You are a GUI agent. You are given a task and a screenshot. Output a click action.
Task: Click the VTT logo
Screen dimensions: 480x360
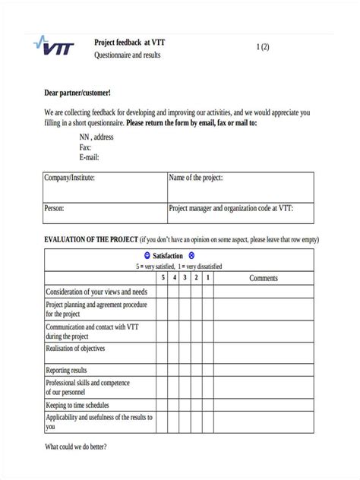tap(55, 47)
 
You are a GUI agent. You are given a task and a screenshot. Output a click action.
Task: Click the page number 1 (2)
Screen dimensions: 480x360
tap(262, 47)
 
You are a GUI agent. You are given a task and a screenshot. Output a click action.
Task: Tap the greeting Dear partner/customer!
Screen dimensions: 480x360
tap(77, 93)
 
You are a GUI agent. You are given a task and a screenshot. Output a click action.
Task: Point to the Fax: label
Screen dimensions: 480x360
tap(85, 147)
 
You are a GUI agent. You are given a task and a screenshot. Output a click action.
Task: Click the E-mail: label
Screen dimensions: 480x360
tap(90, 157)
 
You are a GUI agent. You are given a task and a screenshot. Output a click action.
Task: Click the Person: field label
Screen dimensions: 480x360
tap(55, 207)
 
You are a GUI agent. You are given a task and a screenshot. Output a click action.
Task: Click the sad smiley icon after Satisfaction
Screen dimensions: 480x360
tap(191, 256)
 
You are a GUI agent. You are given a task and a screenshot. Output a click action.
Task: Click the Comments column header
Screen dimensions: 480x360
tap(264, 278)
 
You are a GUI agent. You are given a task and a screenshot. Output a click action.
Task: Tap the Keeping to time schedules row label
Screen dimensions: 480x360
tap(77, 406)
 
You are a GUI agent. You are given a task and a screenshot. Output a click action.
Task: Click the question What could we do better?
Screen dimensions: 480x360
tap(76, 447)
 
